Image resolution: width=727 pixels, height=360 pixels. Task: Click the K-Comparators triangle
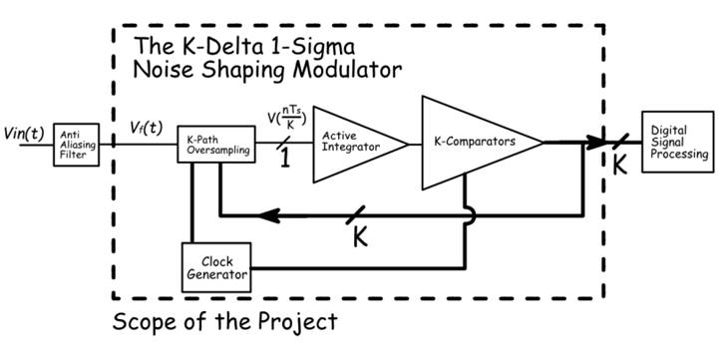point(474,143)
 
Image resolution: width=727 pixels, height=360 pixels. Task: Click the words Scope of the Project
point(224,322)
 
